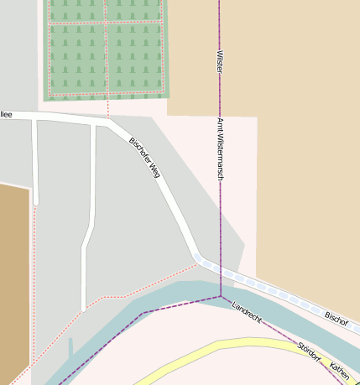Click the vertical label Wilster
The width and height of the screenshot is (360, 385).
click(x=220, y=61)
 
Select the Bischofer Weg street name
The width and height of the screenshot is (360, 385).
click(x=143, y=157)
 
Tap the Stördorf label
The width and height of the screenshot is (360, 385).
click(x=309, y=351)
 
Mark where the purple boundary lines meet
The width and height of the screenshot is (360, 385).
click(x=221, y=296)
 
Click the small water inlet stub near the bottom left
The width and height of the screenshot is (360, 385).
click(x=71, y=346)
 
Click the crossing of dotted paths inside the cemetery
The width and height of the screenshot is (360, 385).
click(x=106, y=23)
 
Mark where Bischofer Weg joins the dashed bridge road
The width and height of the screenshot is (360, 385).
click(x=197, y=258)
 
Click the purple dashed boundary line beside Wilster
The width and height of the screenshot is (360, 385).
click(x=220, y=25)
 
